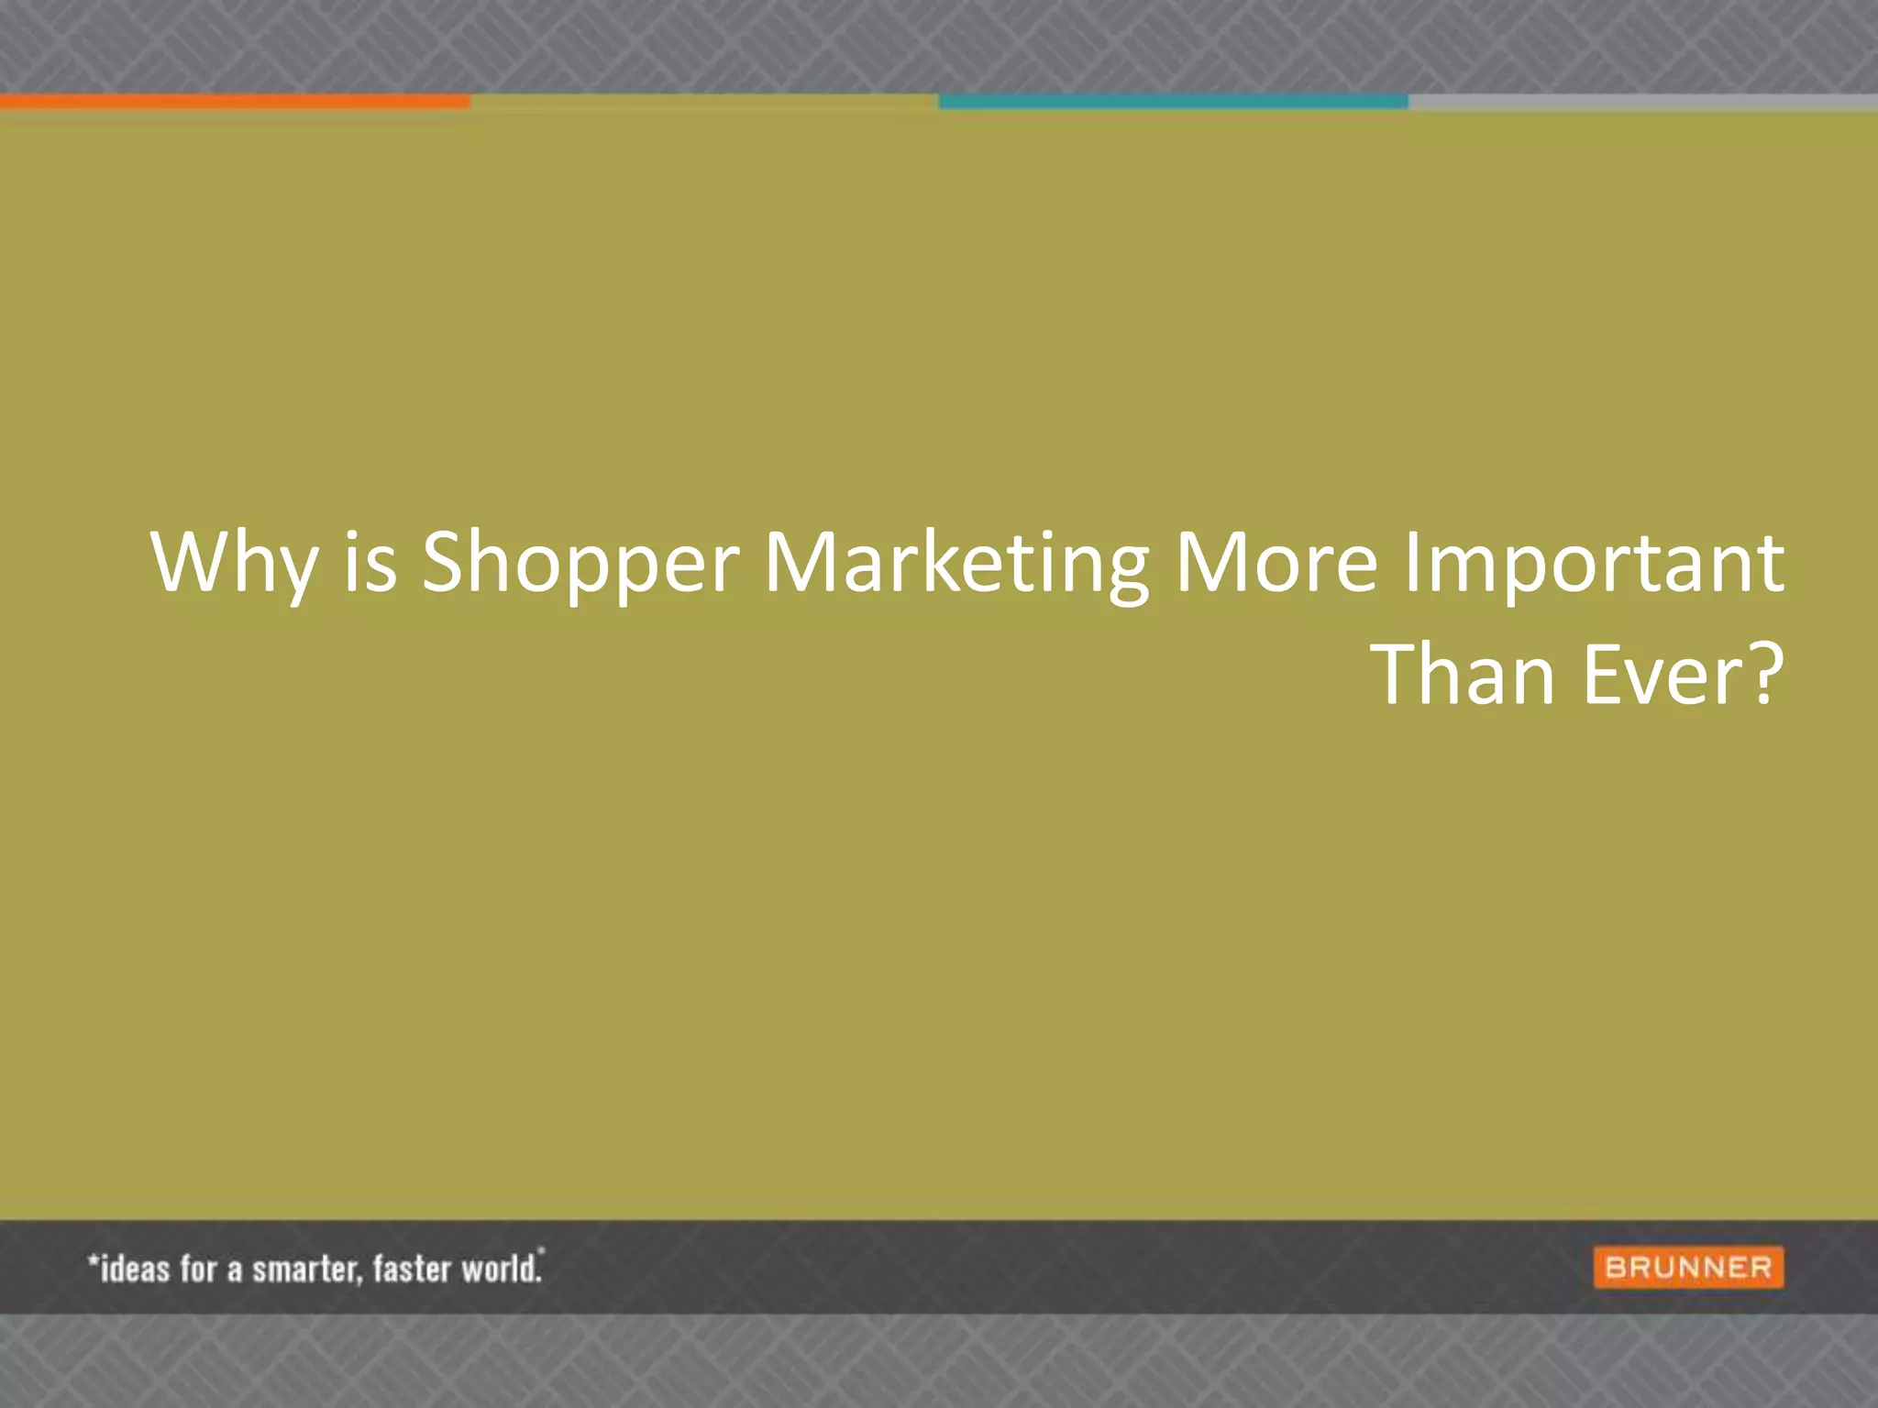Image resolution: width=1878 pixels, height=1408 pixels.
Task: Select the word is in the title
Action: click(370, 561)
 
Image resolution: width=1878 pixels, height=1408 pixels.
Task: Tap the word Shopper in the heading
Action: click(580, 561)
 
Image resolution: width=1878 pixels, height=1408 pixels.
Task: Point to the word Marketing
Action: click(956, 561)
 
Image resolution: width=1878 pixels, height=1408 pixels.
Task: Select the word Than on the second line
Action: click(1464, 675)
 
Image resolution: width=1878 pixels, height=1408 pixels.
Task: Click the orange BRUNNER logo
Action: click(1688, 1268)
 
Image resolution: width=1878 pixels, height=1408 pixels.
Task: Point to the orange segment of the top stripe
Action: click(235, 101)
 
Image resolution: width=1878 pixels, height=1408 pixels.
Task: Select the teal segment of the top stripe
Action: click(1173, 101)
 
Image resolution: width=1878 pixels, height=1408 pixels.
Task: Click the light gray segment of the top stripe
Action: click(1642, 101)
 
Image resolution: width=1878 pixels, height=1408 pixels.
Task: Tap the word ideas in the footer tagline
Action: click(134, 1269)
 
